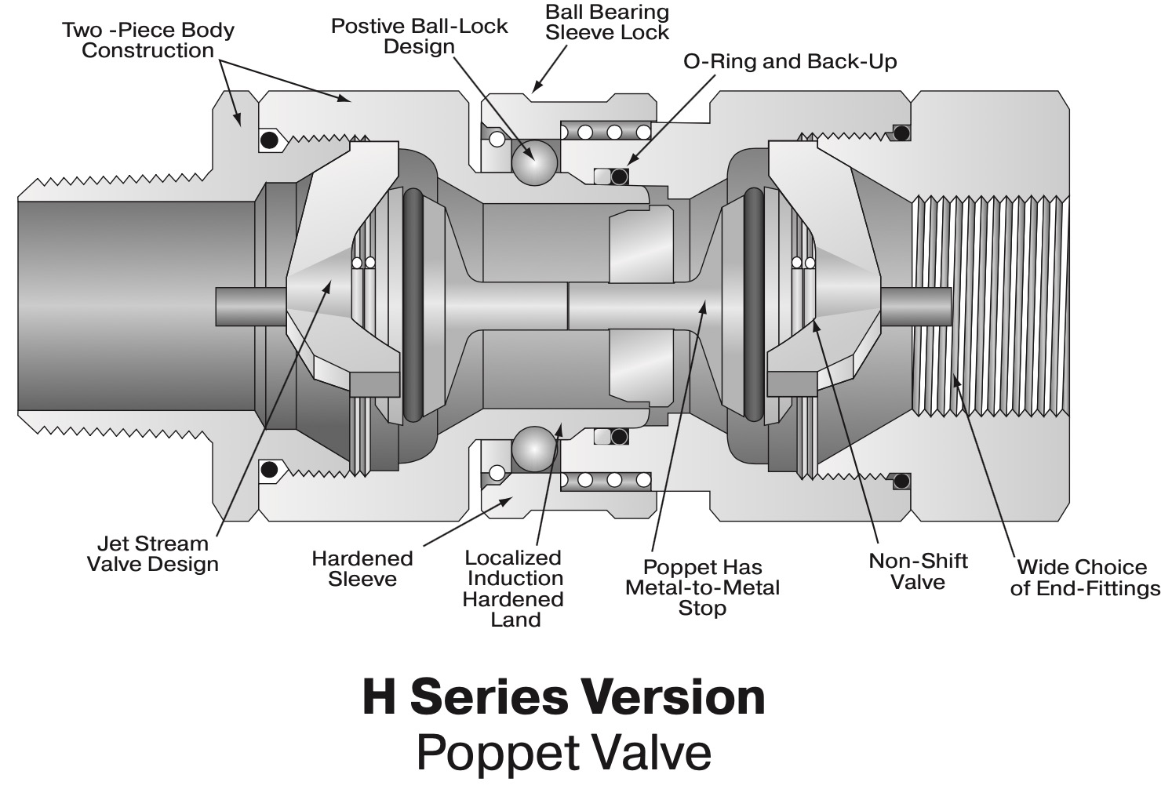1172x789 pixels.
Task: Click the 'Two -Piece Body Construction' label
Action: (x=148, y=41)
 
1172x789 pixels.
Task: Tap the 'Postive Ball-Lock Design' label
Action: (x=419, y=36)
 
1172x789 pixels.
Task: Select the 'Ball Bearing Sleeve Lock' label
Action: (x=607, y=23)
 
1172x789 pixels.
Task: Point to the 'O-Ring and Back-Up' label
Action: (x=790, y=61)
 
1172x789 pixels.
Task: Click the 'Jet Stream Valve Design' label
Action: (x=152, y=554)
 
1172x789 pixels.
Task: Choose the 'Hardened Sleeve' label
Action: (x=362, y=569)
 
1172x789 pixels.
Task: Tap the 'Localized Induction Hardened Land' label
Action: (x=513, y=588)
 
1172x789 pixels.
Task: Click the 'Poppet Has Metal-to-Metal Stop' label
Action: (x=702, y=587)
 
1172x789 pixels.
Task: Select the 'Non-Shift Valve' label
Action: (x=918, y=571)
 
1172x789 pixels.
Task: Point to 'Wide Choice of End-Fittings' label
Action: (x=1085, y=578)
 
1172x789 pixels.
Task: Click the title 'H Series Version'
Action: (x=563, y=696)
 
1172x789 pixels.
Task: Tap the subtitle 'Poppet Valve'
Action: (x=563, y=751)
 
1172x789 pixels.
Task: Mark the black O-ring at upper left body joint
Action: (x=269, y=140)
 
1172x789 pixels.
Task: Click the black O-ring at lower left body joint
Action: (x=269, y=470)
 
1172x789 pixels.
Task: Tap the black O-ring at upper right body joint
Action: (x=902, y=133)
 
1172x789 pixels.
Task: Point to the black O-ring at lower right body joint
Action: (x=902, y=480)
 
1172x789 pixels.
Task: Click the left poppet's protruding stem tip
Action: (x=235, y=306)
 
